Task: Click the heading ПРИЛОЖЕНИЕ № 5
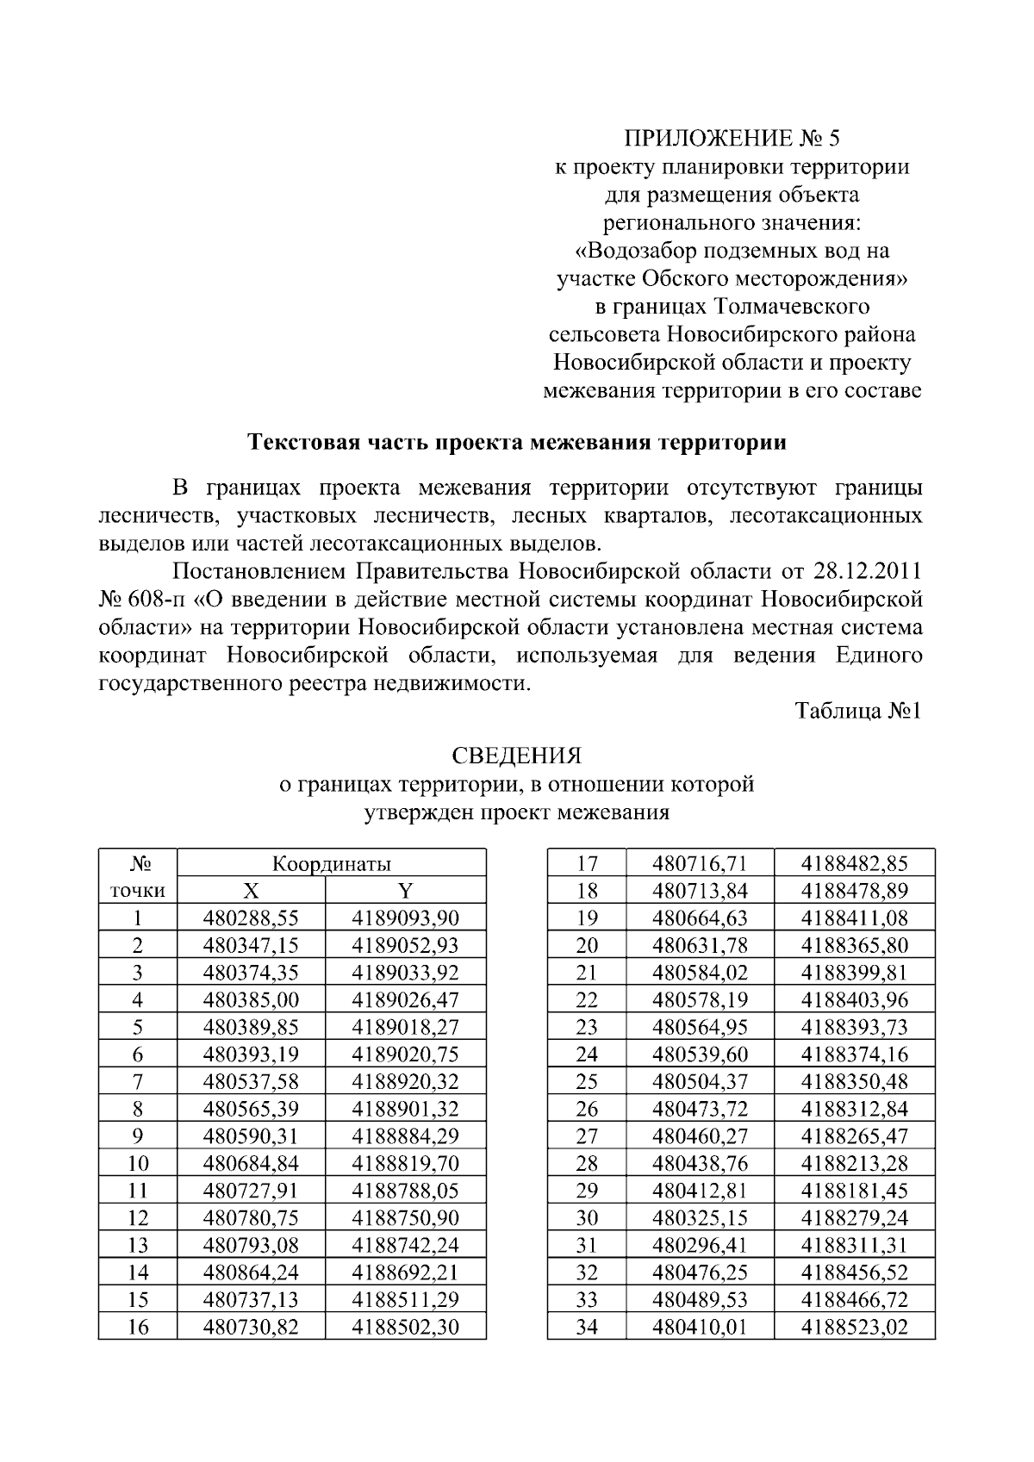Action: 731,139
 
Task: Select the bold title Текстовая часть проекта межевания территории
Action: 517,444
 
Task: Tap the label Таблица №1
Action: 858,712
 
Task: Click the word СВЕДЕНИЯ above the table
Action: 517,756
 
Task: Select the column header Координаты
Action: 332,864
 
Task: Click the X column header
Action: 251,891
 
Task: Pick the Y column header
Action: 405,891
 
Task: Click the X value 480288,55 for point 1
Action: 251,918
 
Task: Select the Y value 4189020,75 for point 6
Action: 405,1055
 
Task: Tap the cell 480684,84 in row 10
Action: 251,1164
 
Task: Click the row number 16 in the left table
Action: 138,1328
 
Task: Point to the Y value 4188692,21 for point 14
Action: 405,1272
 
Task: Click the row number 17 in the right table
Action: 587,864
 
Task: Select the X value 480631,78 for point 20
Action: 700,946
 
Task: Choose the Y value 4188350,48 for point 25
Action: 855,1082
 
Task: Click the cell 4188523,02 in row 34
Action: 855,1328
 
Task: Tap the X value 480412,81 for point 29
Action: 700,1191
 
